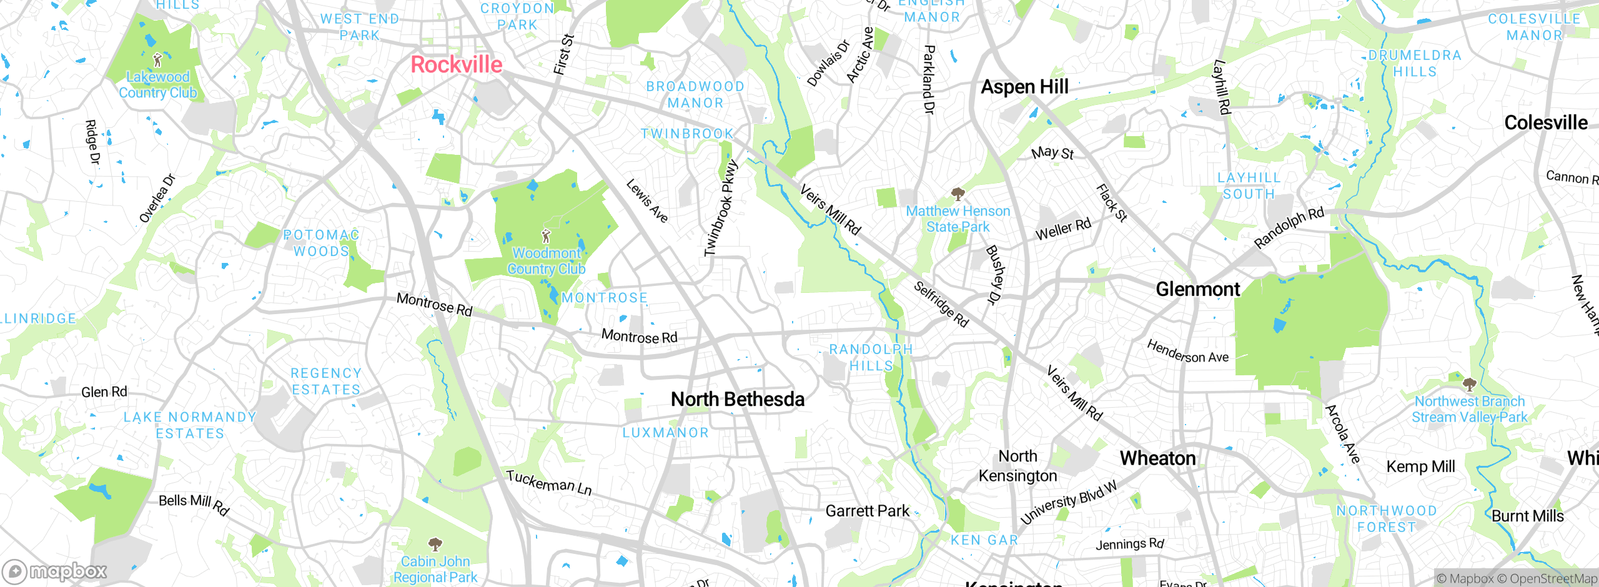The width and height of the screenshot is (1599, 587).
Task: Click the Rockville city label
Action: click(456, 65)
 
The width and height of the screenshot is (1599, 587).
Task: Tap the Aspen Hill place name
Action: click(1024, 87)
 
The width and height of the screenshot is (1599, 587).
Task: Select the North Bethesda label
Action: click(737, 399)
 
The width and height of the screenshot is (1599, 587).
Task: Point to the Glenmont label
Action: click(1197, 289)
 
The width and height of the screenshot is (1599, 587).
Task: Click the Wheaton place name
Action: click(1157, 458)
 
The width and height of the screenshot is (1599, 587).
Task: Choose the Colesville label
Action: click(1545, 123)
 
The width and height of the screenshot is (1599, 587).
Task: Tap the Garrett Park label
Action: click(867, 511)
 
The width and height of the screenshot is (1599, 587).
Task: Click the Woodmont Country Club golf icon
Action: click(546, 236)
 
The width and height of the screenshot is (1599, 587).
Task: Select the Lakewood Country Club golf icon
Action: click(157, 61)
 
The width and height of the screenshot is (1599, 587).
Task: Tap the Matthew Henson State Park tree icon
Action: click(958, 194)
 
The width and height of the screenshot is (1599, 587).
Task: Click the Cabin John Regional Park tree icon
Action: click(435, 545)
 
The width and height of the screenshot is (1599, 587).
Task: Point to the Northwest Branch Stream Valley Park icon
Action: click(1469, 384)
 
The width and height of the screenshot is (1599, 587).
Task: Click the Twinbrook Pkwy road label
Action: click(721, 209)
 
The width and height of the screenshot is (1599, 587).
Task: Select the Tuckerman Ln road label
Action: click(548, 483)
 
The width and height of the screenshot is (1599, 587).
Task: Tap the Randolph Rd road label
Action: click(1289, 228)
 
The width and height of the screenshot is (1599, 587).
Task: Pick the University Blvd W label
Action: click(1068, 503)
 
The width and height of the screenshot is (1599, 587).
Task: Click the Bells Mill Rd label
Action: click(194, 503)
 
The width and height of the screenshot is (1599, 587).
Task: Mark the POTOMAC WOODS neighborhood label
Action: click(321, 243)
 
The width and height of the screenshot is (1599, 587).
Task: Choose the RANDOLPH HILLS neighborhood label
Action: click(871, 357)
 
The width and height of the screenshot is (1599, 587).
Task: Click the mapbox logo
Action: click(55, 571)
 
